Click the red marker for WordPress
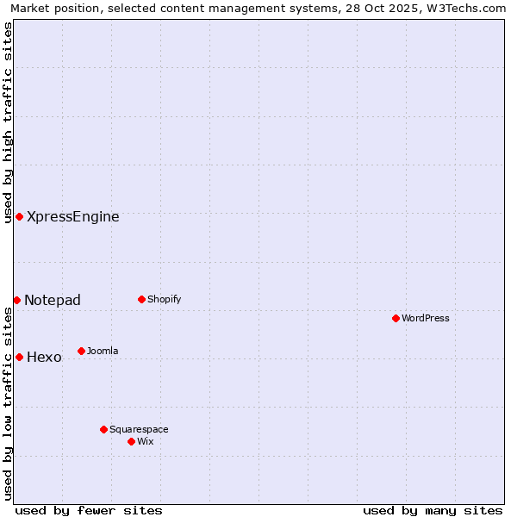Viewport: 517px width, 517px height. point(396,318)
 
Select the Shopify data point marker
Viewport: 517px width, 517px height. point(141,299)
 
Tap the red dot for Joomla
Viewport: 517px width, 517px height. point(81,351)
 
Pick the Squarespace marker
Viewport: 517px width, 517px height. point(103,429)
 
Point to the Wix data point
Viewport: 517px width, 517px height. point(131,441)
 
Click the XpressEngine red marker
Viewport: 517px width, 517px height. point(19,216)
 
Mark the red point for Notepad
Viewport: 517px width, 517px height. point(16,300)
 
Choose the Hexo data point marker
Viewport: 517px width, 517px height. point(19,357)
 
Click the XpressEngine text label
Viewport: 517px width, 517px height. point(73,217)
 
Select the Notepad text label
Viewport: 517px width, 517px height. point(53,301)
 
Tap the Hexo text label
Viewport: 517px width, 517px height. point(44,358)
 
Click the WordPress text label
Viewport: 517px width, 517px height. point(426,319)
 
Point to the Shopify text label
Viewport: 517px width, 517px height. point(165,300)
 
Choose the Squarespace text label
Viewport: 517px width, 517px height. point(139,430)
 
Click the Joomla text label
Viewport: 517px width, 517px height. point(103,352)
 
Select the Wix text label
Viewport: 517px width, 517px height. point(146,442)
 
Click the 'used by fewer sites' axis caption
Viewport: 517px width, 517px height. point(89,510)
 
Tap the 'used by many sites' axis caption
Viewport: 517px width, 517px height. point(433,510)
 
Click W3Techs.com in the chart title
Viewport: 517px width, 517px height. point(470,8)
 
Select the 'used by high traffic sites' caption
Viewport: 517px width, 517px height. point(8,122)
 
